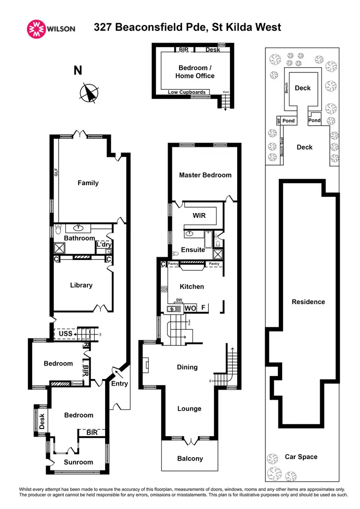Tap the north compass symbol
[x=89, y=93]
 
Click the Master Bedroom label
[x=205, y=175]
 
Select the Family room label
[x=88, y=183]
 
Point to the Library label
[x=81, y=285]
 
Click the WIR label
[x=199, y=215]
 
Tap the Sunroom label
[x=78, y=462]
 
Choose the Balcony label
[x=190, y=459]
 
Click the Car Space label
[x=301, y=457]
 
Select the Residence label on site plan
[x=308, y=302]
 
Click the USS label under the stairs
[x=66, y=333]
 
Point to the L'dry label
[x=103, y=245]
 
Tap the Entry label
[x=120, y=383]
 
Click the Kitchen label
[x=192, y=286]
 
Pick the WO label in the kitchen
[x=190, y=308]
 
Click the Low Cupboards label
[x=187, y=92]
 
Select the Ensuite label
[x=192, y=250]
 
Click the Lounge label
[x=189, y=409]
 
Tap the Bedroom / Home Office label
[x=196, y=71]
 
